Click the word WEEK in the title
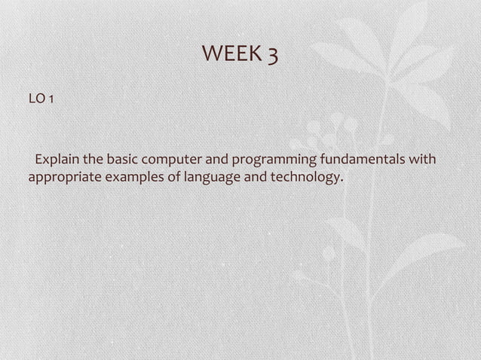(231, 54)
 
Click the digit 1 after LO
(50, 98)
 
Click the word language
(199, 179)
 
